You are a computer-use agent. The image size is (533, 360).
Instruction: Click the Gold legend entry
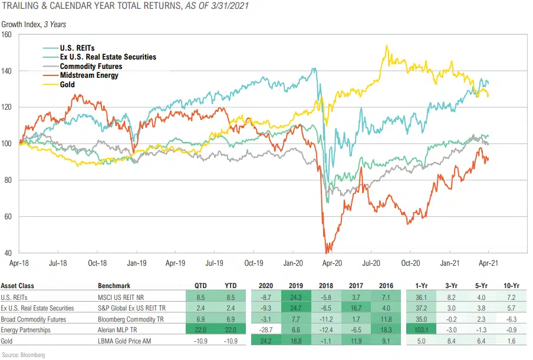tap(67, 85)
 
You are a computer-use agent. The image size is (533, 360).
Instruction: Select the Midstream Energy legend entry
tap(89, 75)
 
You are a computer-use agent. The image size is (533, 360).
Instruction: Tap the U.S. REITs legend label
tap(77, 47)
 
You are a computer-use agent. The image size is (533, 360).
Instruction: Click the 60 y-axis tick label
tap(9, 216)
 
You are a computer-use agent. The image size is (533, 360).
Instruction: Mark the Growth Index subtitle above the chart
tap(29, 25)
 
